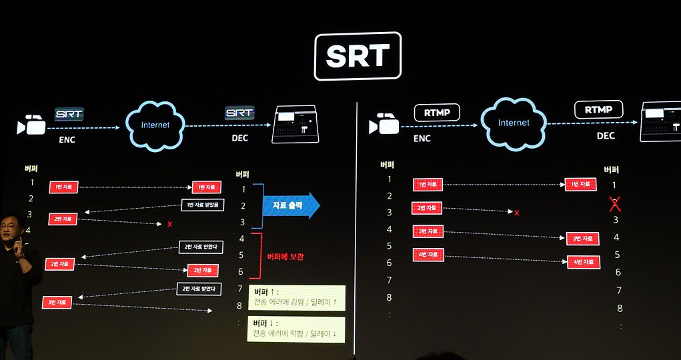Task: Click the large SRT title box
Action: [x=358, y=56]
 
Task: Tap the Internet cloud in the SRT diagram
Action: [x=155, y=125]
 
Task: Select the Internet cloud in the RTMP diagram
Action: [x=514, y=123]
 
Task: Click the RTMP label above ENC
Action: [x=437, y=113]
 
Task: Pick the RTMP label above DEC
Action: [x=598, y=109]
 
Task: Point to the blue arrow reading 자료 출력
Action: [x=291, y=206]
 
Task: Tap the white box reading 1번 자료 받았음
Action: [x=204, y=205]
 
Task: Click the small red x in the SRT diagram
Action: [x=169, y=224]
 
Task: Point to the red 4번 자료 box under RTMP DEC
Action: [x=584, y=262]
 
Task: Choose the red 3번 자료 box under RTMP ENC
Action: [x=428, y=231]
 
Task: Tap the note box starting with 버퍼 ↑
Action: [x=297, y=297]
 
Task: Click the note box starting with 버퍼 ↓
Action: [x=297, y=328]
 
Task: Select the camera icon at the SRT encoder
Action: [x=32, y=125]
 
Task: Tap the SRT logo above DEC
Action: [x=239, y=113]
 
